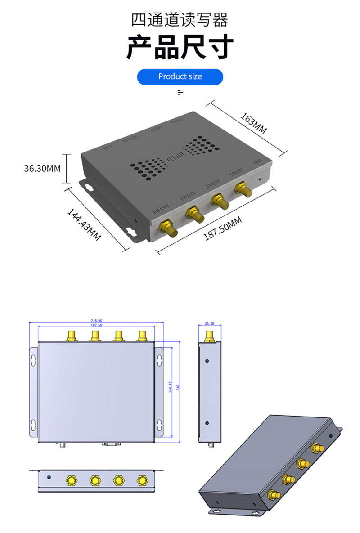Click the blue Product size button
(180, 76)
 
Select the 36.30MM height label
(42, 169)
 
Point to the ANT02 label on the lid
(213, 183)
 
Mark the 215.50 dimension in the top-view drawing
(96, 321)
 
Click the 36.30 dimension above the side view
(209, 323)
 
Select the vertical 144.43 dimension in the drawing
(170, 387)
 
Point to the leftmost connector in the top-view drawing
(71, 336)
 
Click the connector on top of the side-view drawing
(209, 336)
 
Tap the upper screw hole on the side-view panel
(207, 361)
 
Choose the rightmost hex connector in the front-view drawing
(143, 480)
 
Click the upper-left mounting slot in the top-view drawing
(33, 360)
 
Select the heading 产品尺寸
(180, 47)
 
